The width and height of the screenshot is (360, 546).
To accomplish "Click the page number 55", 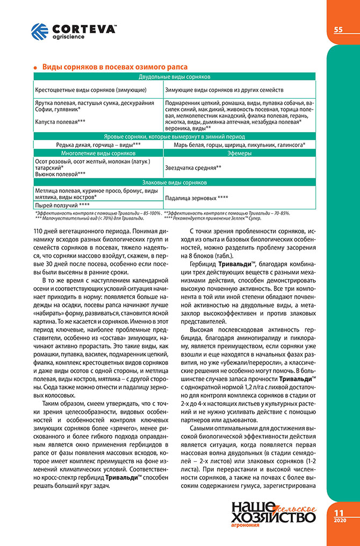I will (x=339, y=30).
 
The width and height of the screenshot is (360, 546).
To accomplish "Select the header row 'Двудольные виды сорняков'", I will (x=174, y=77).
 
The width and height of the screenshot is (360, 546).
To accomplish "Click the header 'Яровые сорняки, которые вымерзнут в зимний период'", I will (x=174, y=136).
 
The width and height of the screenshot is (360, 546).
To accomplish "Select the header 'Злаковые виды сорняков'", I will (x=174, y=183).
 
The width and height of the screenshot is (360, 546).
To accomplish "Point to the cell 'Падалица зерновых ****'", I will (x=196, y=197).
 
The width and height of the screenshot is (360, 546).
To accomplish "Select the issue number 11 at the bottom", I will (x=339, y=513).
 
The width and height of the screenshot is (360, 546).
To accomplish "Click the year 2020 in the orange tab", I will (x=339, y=521).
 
